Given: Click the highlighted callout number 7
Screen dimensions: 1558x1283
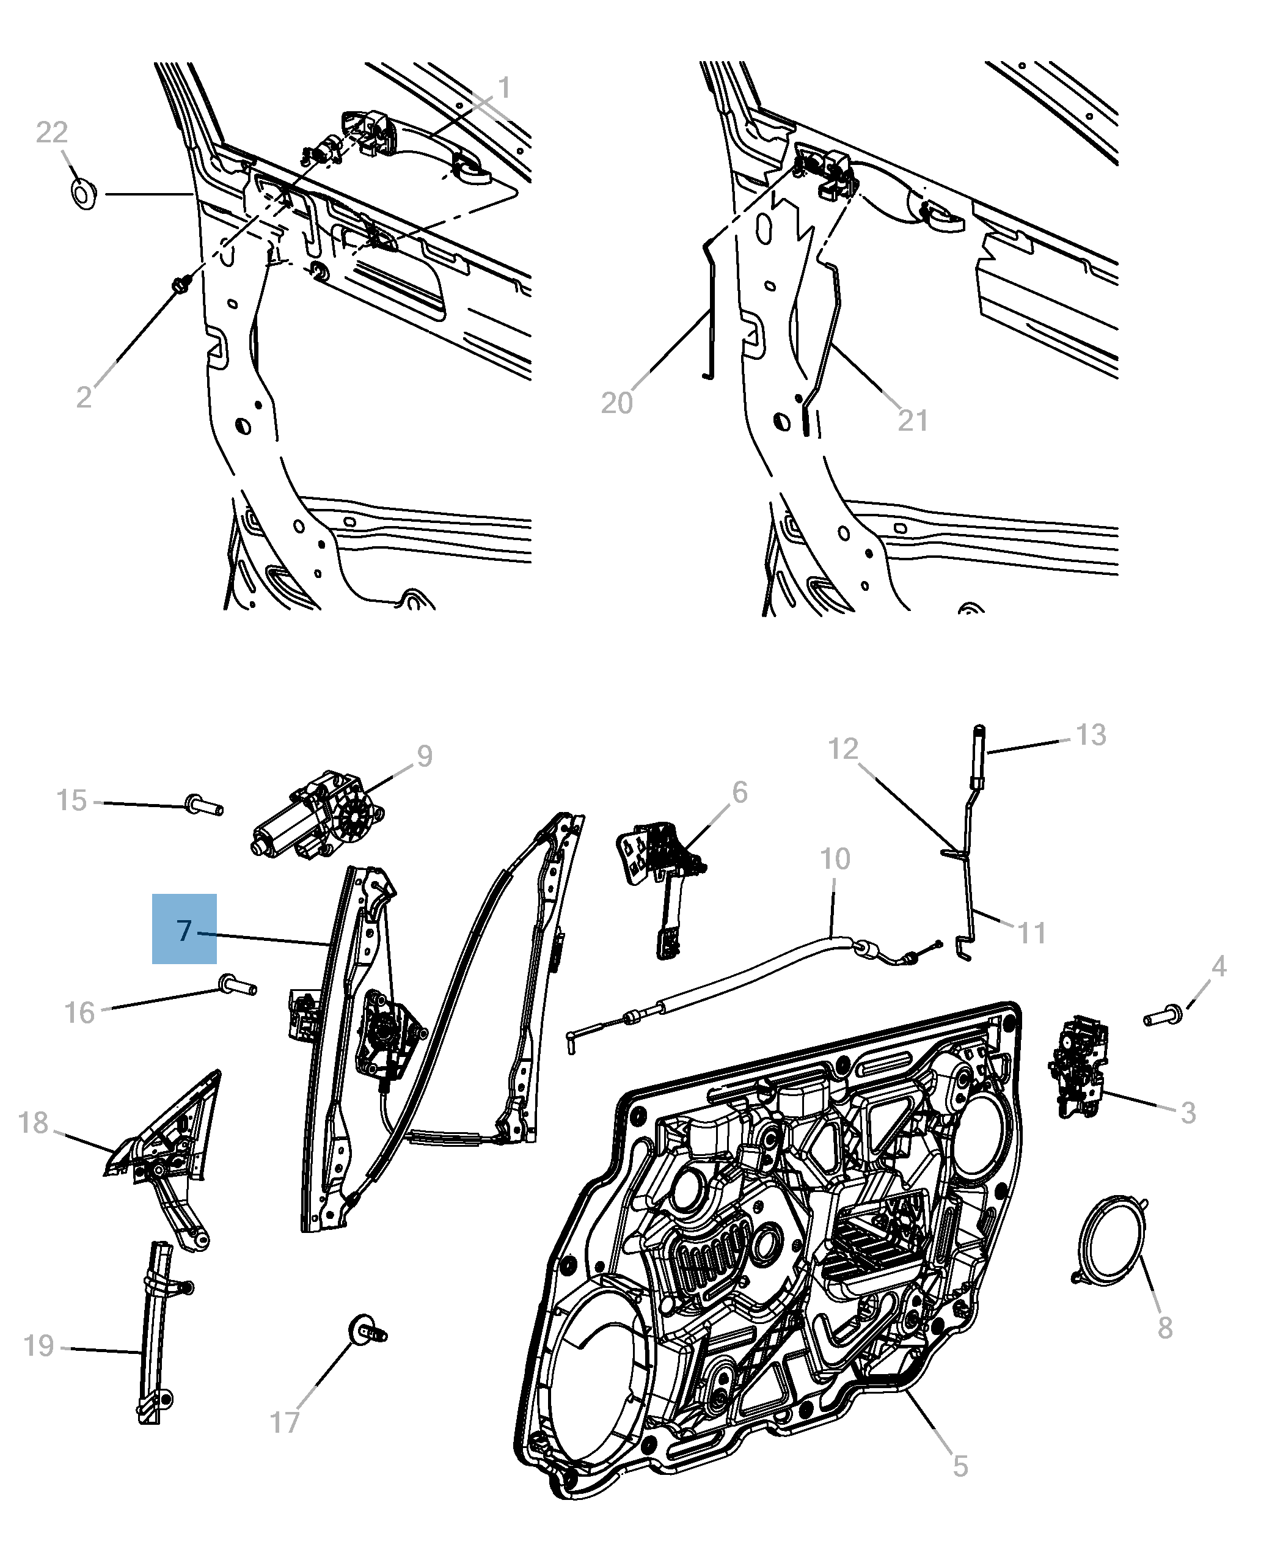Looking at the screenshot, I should (x=184, y=929).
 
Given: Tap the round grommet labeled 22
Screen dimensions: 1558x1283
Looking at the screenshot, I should (x=84, y=194).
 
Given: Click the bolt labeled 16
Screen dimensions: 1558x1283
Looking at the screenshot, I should (x=236, y=985).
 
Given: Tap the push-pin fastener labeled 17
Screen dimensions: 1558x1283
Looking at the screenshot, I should (x=365, y=1333).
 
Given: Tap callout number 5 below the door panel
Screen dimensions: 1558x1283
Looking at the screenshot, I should (x=959, y=1466).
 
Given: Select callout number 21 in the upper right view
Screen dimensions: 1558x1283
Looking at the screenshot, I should (x=913, y=420).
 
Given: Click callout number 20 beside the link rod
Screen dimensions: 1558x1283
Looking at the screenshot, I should (x=616, y=403).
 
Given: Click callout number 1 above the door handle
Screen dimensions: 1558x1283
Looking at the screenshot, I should (x=504, y=89).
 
